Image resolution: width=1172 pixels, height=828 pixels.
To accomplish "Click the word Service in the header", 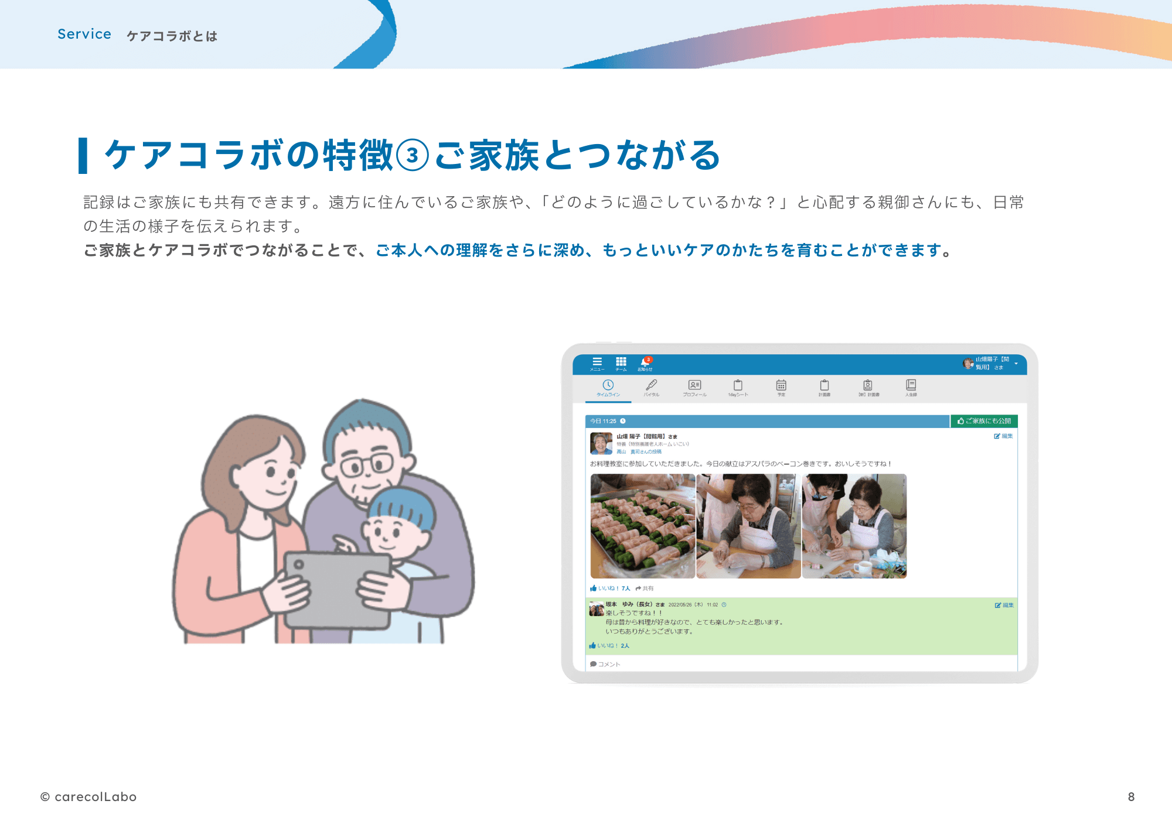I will pyautogui.click(x=84, y=35).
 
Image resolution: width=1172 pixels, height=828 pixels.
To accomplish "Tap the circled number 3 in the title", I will pyautogui.click(x=413, y=156).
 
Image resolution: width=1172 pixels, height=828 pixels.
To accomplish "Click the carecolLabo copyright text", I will pyautogui.click(x=88, y=797).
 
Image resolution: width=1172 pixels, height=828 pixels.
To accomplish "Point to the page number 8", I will pyautogui.click(x=1131, y=797).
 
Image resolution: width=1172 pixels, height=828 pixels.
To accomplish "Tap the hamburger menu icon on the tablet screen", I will pyautogui.click(x=597, y=362).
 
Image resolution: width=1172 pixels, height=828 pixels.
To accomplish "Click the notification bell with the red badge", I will pyautogui.click(x=645, y=362).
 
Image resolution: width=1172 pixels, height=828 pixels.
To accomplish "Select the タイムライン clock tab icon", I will pyautogui.click(x=608, y=385).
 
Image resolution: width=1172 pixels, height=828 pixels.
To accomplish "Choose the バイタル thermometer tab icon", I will pyautogui.click(x=651, y=385).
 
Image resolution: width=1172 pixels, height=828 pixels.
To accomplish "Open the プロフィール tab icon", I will pyautogui.click(x=694, y=385).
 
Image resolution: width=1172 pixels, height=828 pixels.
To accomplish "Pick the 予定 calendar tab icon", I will pyautogui.click(x=781, y=385).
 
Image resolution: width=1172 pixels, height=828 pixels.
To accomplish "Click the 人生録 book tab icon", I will pyautogui.click(x=911, y=385).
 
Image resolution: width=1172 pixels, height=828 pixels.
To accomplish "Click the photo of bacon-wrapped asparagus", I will pyautogui.click(x=643, y=526).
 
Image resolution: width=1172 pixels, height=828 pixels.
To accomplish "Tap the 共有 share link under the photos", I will pyautogui.click(x=645, y=589).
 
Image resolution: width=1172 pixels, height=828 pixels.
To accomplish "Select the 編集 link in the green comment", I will pyautogui.click(x=1004, y=605).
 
